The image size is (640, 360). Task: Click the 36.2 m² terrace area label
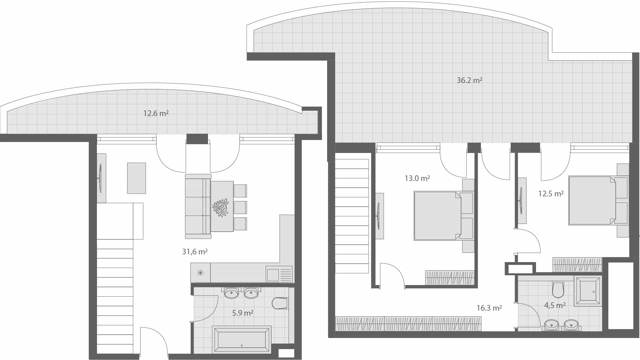coord(469,80)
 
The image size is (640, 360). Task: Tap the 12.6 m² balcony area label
coord(156,113)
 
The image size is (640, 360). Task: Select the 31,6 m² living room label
coord(195,251)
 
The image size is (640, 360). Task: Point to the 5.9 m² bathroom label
coord(242,313)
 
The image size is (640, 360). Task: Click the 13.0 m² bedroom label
coord(417,178)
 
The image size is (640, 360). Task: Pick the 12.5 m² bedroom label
coord(551,194)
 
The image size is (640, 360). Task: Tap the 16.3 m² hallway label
coord(489,308)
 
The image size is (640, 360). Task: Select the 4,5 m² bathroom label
coord(554,305)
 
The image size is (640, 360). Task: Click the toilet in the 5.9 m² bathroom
coord(280,303)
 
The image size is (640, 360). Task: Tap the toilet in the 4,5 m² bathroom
coord(558,290)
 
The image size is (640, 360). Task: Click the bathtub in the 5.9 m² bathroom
coord(242,339)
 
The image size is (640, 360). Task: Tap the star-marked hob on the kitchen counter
coord(200,273)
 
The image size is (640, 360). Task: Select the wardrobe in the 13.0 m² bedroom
coord(449,277)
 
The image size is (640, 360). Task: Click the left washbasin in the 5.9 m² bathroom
coord(231,293)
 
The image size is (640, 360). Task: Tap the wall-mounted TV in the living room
coord(100,178)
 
